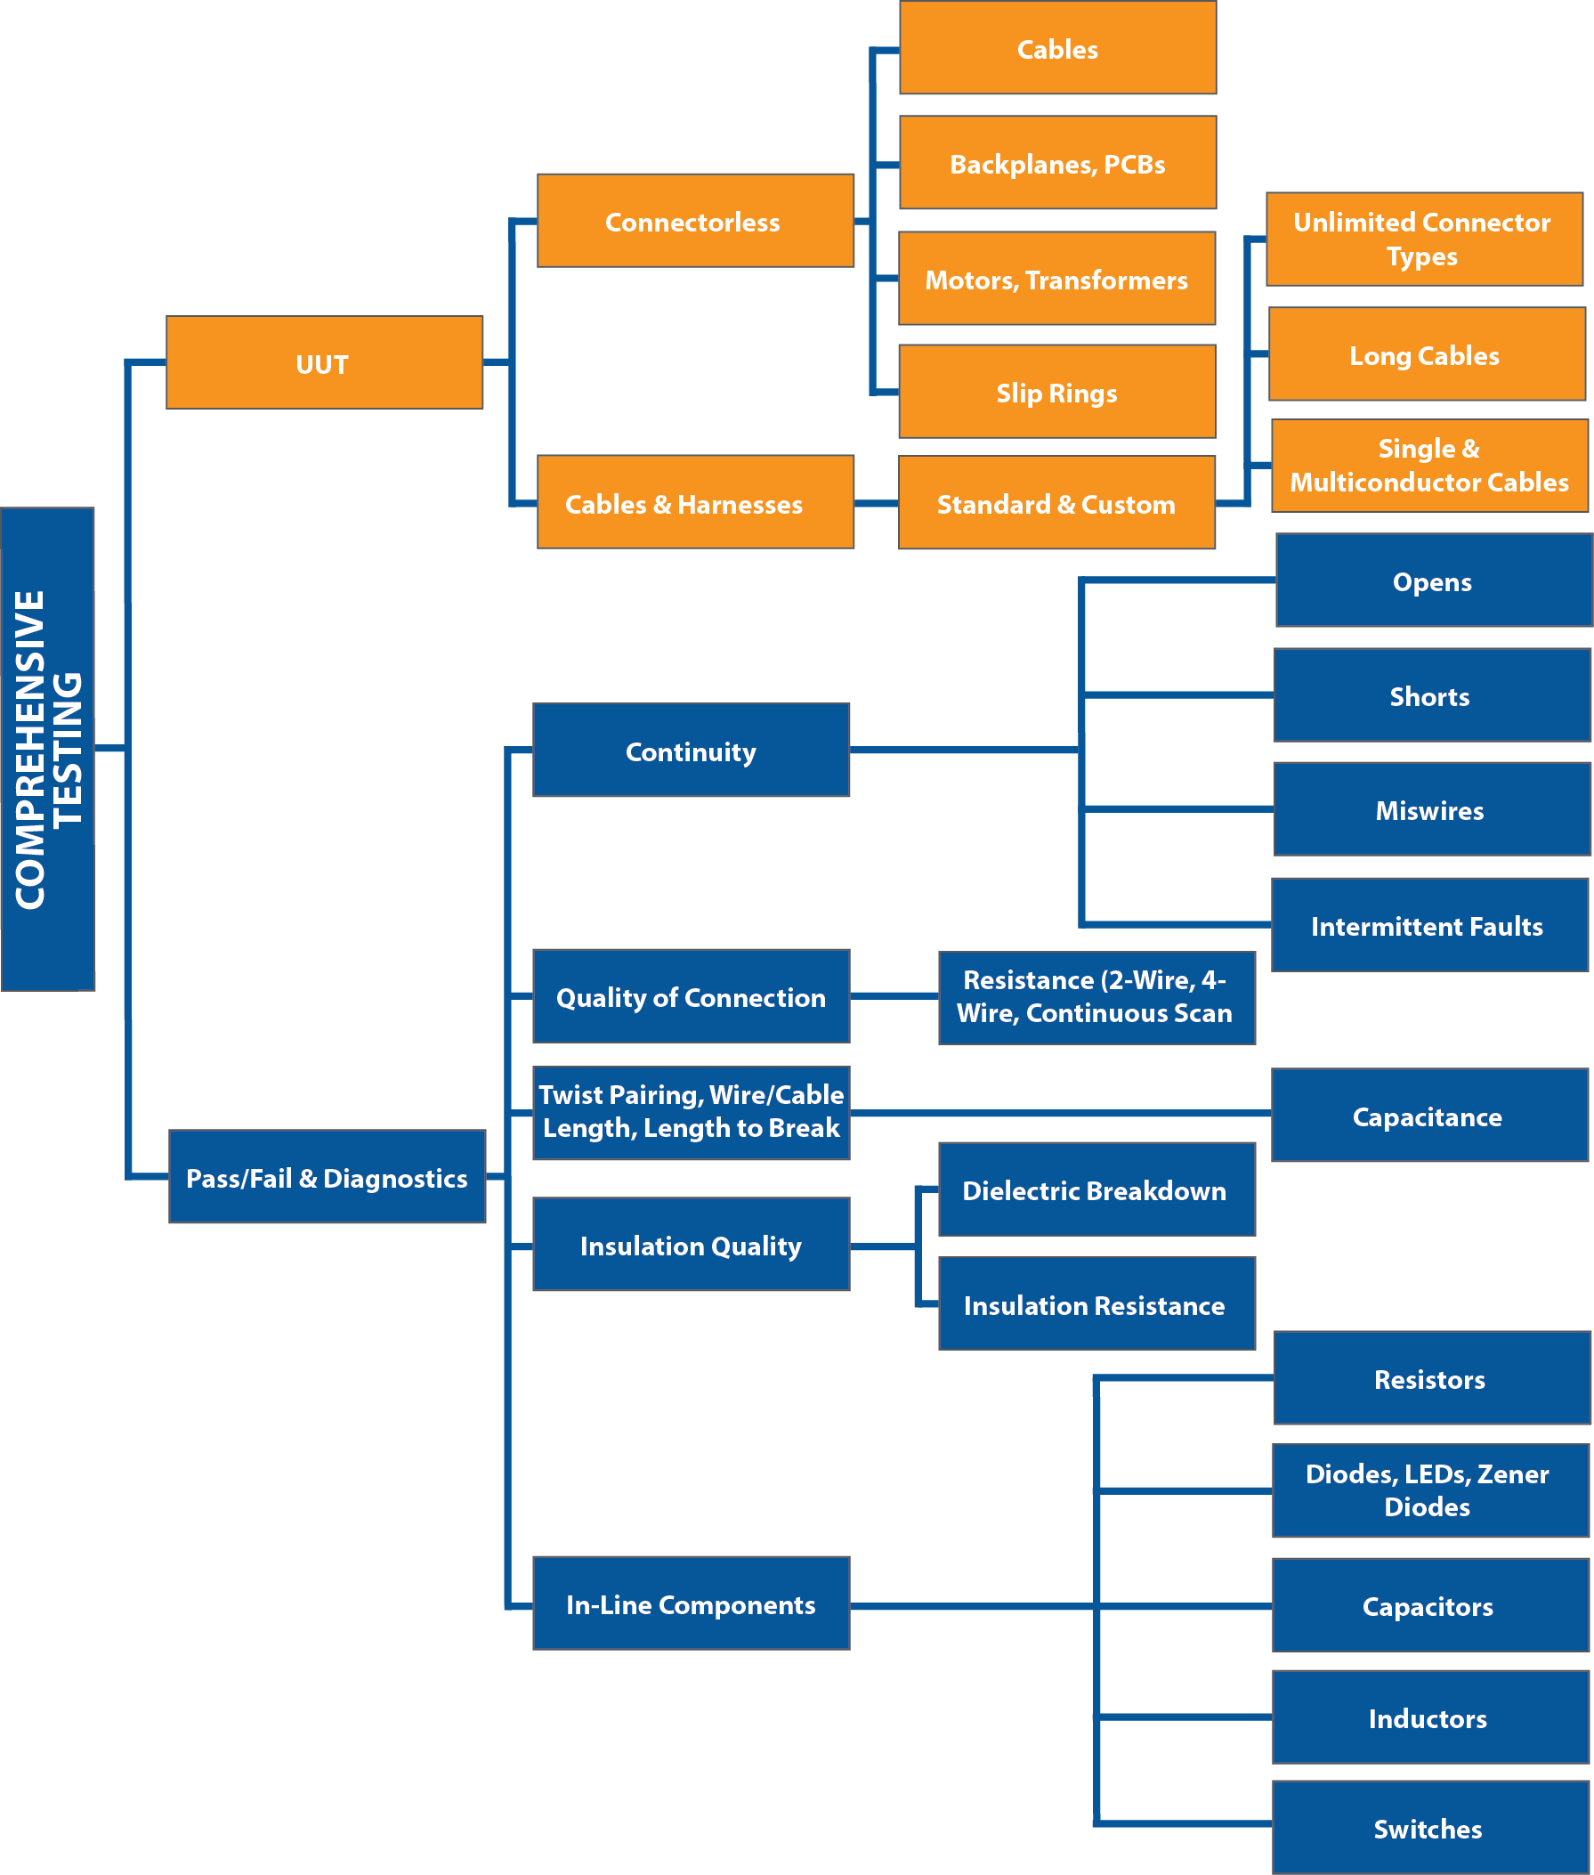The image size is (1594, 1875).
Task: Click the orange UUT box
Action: point(324,362)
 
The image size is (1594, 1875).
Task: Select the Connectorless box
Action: point(695,221)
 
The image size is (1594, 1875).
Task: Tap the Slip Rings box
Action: point(1056,392)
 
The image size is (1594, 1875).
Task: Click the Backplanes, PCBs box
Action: point(1057,163)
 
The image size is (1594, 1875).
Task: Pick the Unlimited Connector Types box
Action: point(1423,239)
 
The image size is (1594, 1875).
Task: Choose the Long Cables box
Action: point(1426,353)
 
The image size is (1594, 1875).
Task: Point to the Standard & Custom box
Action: point(1056,503)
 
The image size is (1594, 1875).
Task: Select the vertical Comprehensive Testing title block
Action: point(48,749)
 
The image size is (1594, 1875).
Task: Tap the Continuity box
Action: point(691,751)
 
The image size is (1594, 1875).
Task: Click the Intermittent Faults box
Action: point(1428,925)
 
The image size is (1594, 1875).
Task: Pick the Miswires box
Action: point(1430,809)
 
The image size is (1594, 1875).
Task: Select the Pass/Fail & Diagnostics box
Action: point(328,1177)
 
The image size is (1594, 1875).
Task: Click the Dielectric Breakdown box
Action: point(1096,1189)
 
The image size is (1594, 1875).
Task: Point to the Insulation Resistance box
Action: point(1096,1303)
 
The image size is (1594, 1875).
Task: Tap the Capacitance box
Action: point(1428,1116)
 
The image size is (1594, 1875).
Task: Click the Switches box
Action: point(1429,1828)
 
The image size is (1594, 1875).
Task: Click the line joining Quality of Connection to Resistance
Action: point(894,995)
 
